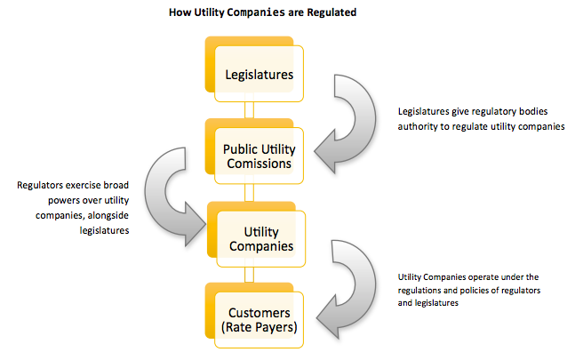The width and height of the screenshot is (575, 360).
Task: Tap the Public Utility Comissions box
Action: tap(259, 157)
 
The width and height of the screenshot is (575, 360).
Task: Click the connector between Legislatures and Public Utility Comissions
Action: tap(250, 110)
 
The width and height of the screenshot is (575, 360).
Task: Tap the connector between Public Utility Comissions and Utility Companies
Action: tap(250, 192)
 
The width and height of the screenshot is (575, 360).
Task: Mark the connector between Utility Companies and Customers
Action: tap(250, 274)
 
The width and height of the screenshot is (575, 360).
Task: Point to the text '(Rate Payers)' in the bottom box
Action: tap(259, 327)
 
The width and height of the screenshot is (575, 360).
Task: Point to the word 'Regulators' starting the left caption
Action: tap(40, 186)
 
